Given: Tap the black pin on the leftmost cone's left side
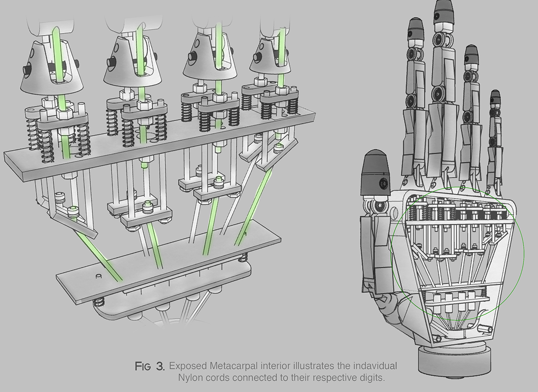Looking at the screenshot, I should coord(26,69).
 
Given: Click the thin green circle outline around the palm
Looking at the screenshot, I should coord(523,257).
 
